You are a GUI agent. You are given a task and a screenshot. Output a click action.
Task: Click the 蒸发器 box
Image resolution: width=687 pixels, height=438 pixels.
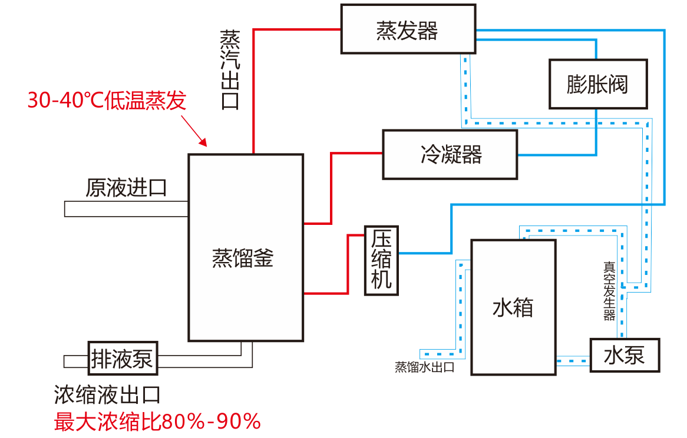point(408,29)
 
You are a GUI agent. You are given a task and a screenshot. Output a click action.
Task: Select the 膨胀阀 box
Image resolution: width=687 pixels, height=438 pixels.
point(597,84)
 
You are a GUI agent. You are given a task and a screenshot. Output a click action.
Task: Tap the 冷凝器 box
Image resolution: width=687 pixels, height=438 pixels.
point(450,154)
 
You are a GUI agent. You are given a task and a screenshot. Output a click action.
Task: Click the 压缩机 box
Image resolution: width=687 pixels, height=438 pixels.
point(381,260)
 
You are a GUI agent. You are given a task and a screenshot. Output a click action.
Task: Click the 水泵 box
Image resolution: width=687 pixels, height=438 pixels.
point(625,354)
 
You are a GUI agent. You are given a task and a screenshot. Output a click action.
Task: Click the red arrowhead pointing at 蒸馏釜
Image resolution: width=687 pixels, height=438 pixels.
point(204,142)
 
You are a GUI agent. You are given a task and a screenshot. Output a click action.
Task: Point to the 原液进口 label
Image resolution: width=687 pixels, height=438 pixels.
point(126,188)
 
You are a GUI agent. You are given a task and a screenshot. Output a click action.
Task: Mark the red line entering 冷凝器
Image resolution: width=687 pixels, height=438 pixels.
point(356,153)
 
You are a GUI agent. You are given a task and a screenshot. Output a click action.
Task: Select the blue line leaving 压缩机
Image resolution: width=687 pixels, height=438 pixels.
point(424,253)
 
